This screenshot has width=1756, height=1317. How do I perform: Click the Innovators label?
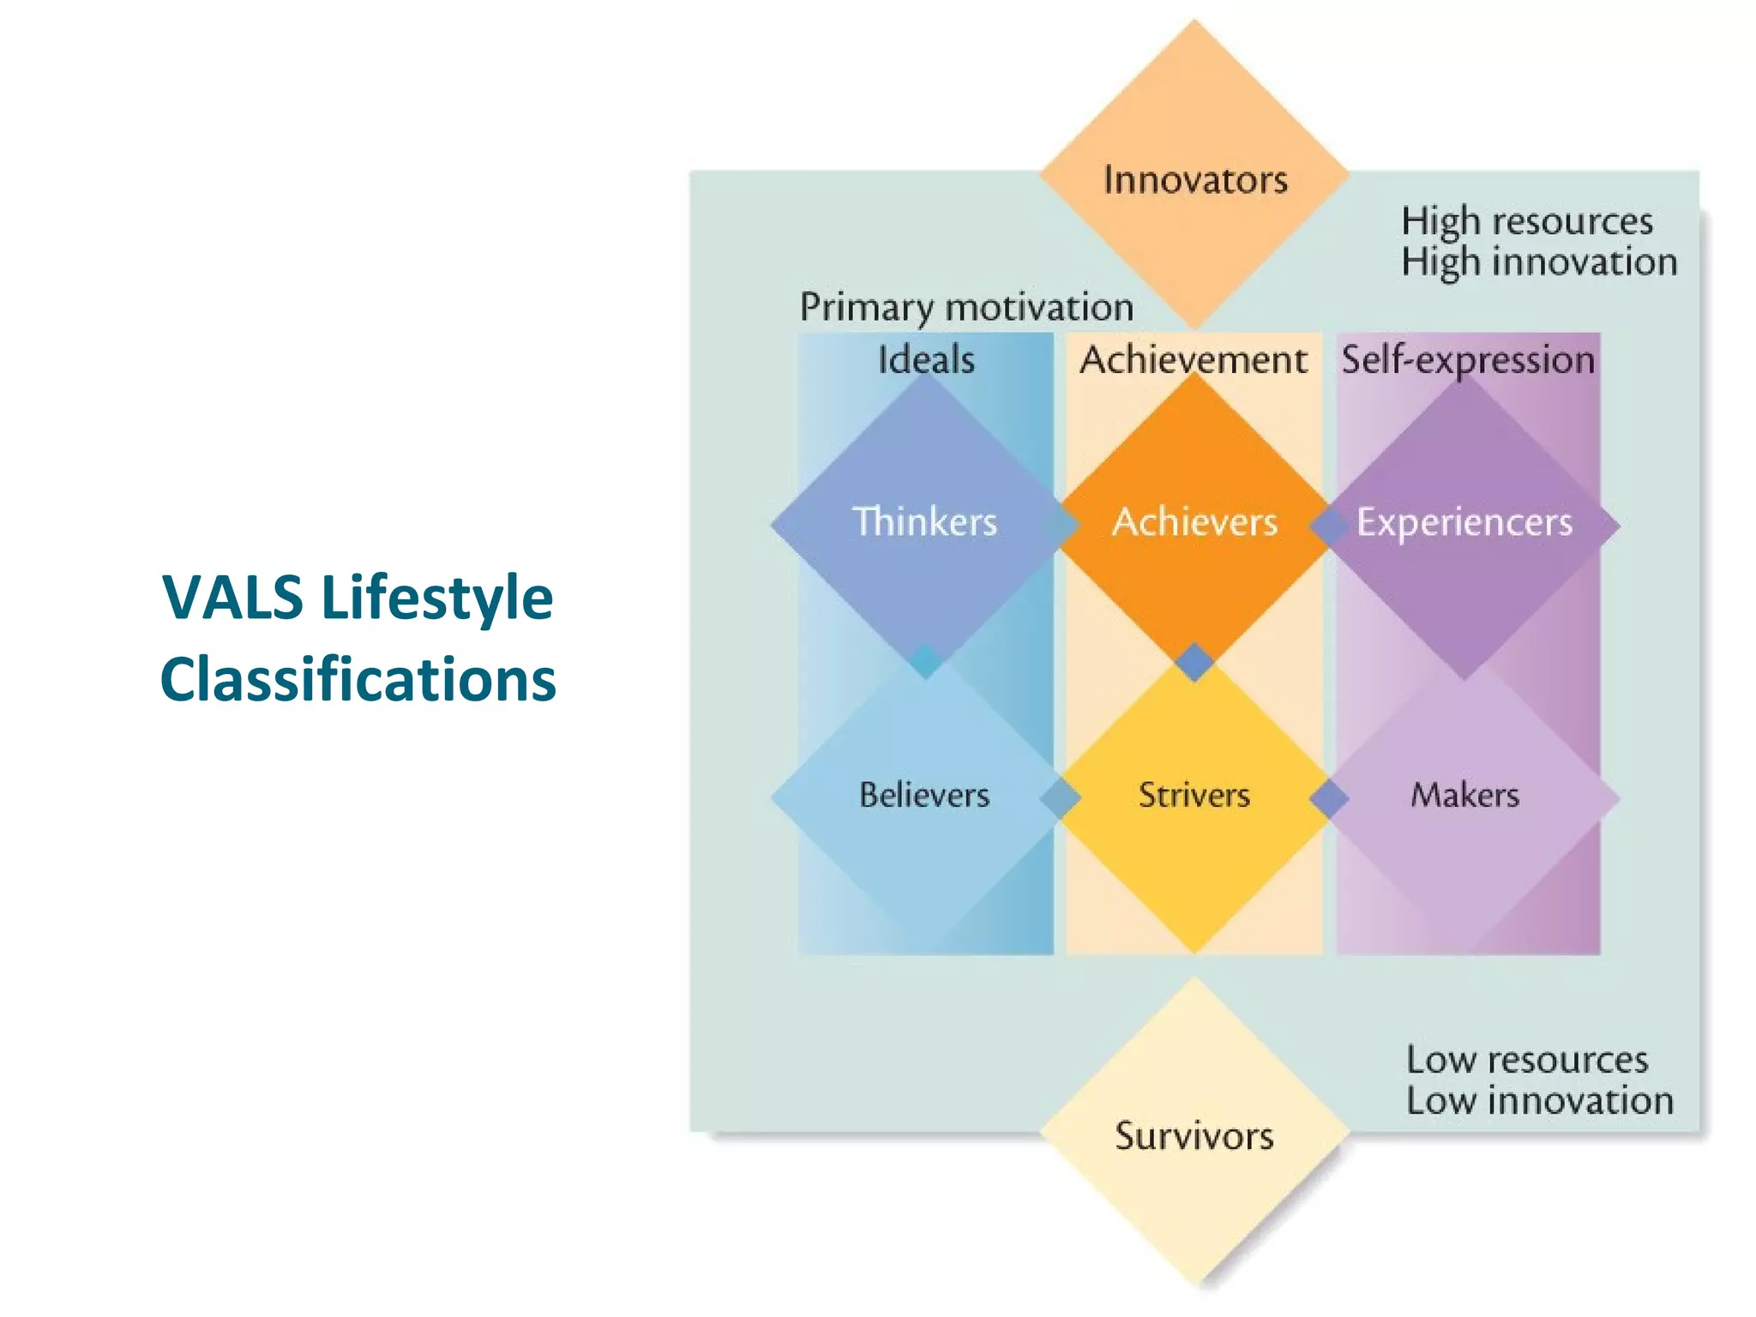tap(1195, 180)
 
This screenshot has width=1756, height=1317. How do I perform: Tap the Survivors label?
tap(1194, 1136)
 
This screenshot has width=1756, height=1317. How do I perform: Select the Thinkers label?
tap(924, 522)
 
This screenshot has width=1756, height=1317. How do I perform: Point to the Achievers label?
tap(1194, 522)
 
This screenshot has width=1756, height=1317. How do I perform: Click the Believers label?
tap(924, 795)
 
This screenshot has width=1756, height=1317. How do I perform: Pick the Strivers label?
tap(1194, 795)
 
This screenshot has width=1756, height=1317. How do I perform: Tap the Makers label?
tap(1464, 795)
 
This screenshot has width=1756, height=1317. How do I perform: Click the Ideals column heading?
tap(926, 359)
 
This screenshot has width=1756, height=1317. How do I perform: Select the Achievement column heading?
tap(1194, 359)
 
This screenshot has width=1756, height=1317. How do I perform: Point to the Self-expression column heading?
tap(1468, 360)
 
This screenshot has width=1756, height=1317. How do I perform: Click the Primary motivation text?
tap(966, 308)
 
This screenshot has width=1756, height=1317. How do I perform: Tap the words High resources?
tap(1527, 221)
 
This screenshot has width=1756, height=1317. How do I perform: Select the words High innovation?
tap(1539, 262)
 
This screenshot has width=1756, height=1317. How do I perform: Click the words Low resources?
tap(1527, 1061)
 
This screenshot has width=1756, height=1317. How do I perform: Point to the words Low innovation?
tap(1539, 1101)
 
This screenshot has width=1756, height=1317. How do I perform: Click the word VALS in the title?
tap(232, 597)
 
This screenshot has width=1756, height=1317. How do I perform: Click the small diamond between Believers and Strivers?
tap(1061, 798)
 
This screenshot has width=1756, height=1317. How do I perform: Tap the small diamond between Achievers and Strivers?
tap(1194, 662)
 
